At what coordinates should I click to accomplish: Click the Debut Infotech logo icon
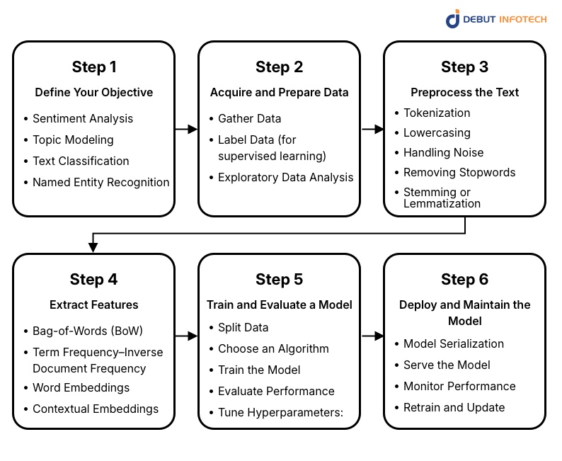pos(453,18)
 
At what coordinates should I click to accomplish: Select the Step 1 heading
pos(94,67)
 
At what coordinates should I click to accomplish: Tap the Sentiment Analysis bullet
pos(83,118)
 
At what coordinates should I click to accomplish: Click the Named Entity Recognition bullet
pos(101,182)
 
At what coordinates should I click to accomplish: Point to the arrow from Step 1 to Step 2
pos(186,129)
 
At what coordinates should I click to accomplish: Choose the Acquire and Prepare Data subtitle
pos(280,92)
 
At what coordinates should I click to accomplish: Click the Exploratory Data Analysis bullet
pos(285,177)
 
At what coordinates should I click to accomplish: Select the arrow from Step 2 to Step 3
pos(372,129)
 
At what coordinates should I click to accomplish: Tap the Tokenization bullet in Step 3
pos(437,113)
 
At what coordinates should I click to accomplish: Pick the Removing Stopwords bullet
pos(459,172)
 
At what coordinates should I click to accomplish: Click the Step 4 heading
pos(94,280)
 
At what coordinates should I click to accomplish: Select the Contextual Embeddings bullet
pos(96,409)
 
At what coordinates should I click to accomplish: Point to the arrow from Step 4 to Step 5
pos(186,336)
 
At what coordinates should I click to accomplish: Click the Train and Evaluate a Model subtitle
pos(280,305)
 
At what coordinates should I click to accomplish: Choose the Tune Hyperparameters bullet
pos(280,412)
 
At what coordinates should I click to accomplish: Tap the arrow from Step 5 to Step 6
pos(372,336)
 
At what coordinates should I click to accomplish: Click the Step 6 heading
pos(465,280)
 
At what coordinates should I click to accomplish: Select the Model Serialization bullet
pos(454,343)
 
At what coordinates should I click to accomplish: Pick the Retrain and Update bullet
pos(454,407)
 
